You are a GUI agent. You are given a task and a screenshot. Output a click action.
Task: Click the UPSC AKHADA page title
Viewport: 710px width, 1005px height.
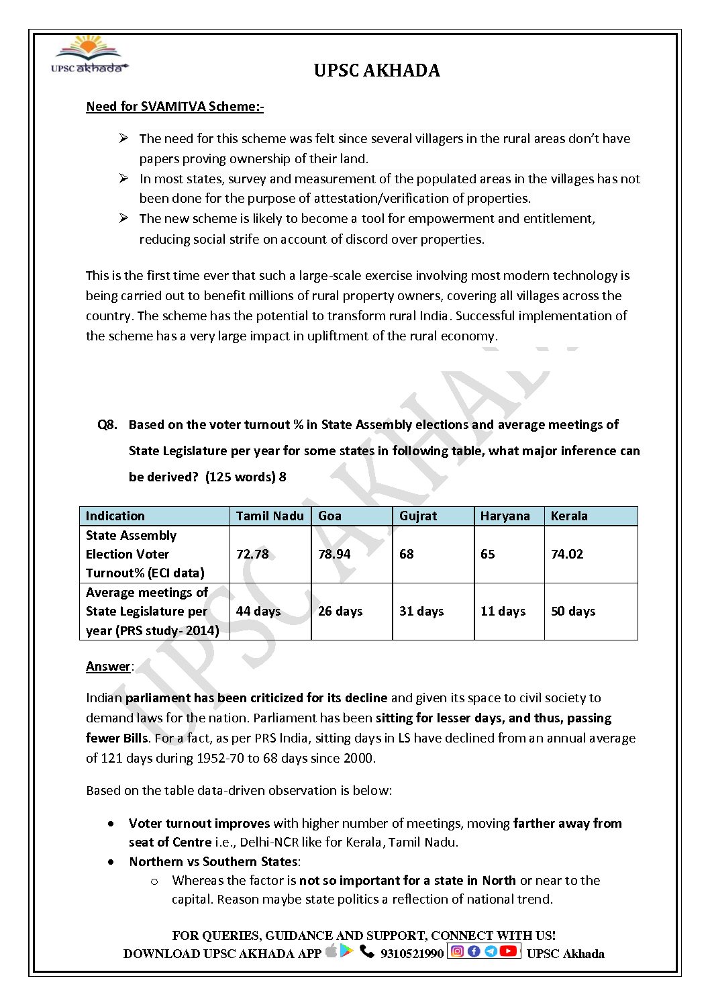click(x=376, y=70)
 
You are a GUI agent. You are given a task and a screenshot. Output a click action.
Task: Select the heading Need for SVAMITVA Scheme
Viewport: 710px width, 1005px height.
click(x=174, y=107)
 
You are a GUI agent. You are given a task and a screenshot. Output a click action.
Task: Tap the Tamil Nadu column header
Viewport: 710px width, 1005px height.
click(x=270, y=516)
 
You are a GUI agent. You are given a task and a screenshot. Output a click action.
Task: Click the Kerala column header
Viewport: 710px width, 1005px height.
click(x=569, y=516)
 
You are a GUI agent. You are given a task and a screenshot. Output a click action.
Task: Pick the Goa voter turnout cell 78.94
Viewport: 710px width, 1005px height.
click(x=334, y=555)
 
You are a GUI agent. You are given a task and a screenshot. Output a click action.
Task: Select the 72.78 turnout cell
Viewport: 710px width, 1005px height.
click(x=252, y=555)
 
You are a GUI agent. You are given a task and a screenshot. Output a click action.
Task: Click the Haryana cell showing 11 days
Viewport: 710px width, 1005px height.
click(x=503, y=612)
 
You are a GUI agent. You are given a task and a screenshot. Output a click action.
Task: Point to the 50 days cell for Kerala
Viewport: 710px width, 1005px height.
click(x=573, y=612)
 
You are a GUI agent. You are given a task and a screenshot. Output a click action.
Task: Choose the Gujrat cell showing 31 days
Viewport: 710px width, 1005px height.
click(x=421, y=612)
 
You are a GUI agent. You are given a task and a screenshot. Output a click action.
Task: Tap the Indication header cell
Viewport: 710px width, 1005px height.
click(x=115, y=516)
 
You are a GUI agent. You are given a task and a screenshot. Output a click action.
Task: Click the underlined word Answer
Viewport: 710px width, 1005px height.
click(x=108, y=667)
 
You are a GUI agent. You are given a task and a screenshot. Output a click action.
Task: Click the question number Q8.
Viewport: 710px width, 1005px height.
click(x=107, y=425)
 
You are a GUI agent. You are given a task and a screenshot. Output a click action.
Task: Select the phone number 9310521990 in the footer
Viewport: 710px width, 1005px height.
click(x=412, y=954)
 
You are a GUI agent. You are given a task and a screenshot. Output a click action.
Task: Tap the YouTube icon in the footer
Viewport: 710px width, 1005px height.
click(x=509, y=951)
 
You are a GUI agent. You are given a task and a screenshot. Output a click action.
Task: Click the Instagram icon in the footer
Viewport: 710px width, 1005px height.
click(x=458, y=951)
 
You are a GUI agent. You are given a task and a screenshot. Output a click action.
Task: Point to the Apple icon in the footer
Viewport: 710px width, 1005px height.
click(x=331, y=951)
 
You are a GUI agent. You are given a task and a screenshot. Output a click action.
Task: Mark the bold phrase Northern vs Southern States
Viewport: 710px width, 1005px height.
click(x=213, y=862)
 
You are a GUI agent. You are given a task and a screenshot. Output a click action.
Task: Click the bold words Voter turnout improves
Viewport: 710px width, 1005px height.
click(x=199, y=824)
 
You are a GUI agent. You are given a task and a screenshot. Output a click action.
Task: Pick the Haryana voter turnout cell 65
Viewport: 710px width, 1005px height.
click(x=488, y=555)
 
